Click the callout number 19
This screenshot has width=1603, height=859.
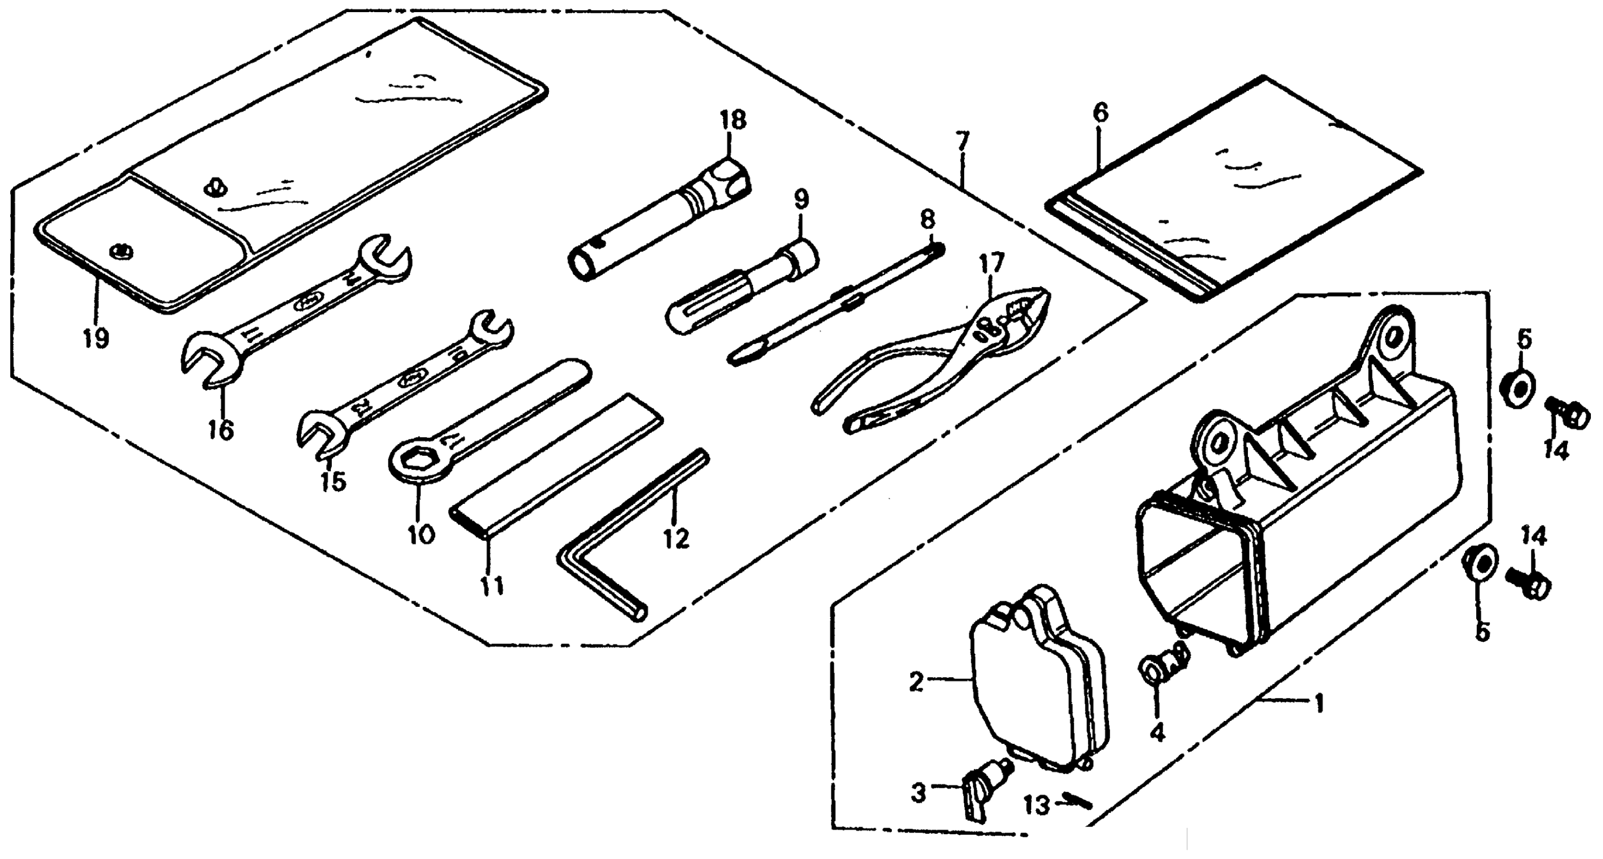pos(96,339)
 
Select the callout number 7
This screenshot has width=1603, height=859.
pos(963,142)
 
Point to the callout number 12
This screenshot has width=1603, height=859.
pos(676,539)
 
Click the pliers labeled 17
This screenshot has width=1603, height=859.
pos(933,361)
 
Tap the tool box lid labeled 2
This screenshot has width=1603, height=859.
pos(1033,685)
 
